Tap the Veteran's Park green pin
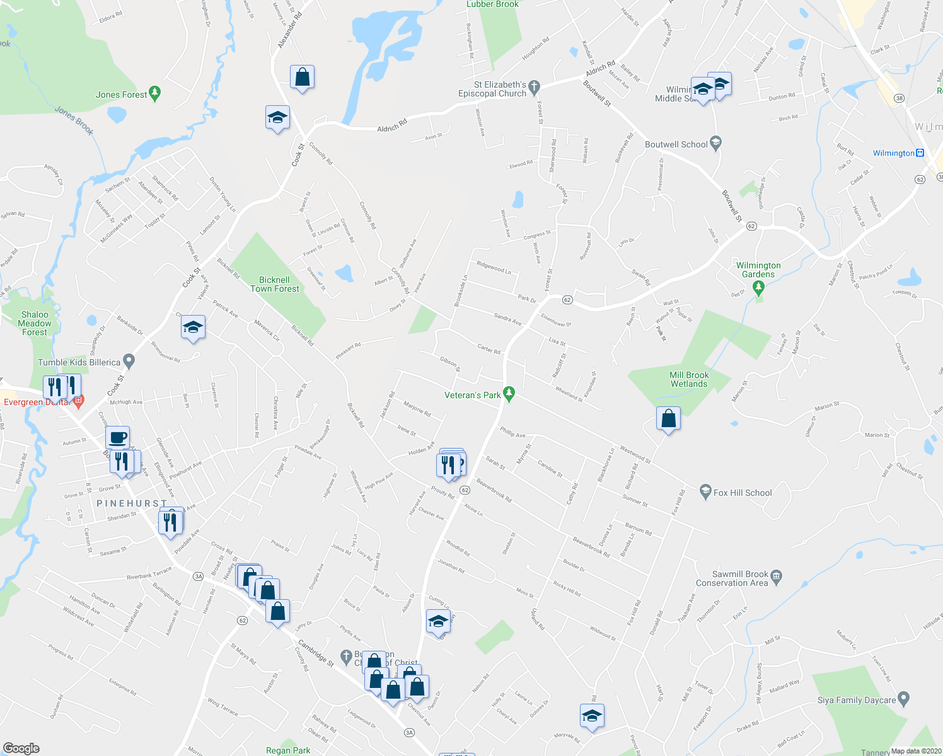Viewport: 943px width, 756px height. [509, 394]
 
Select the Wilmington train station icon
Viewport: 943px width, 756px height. [920, 153]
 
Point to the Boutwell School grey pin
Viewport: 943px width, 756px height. [715, 144]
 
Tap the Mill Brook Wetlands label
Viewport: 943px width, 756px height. [689, 379]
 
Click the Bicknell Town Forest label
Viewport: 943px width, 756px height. [275, 284]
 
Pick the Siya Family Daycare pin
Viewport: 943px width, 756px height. [903, 699]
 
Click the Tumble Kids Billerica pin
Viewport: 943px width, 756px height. [129, 362]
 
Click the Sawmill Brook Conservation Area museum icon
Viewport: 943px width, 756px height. [776, 575]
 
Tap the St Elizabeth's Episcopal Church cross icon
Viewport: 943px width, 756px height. [534, 86]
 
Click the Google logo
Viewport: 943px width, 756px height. [21, 748]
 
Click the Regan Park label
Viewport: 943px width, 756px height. [288, 750]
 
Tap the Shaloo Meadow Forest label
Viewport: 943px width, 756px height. [35, 323]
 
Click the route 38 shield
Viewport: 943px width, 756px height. [899, 98]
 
